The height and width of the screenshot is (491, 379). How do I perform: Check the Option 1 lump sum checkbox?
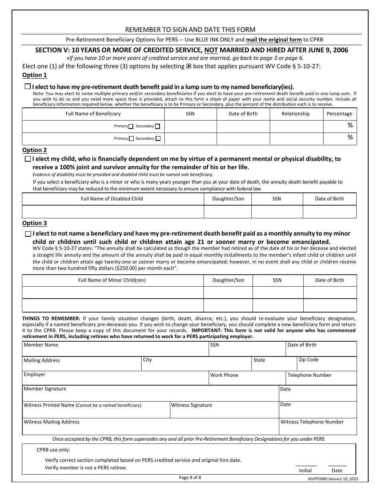[28, 87]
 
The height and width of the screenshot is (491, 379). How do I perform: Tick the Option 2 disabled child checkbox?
[28, 159]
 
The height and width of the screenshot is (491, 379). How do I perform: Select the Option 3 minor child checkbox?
[28, 234]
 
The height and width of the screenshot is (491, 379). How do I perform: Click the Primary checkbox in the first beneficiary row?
[131, 127]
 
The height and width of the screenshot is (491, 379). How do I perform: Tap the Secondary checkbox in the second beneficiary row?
[158, 139]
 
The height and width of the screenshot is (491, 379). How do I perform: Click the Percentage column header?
[340, 114]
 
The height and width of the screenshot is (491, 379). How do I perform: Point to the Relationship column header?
[296, 114]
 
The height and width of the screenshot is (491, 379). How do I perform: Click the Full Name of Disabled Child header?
[112, 199]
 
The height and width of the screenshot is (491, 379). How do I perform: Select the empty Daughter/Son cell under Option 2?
[228, 212]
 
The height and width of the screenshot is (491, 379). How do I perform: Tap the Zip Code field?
[327, 365]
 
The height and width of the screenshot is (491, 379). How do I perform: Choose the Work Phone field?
[247, 380]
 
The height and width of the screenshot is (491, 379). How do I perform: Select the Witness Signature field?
[224, 411]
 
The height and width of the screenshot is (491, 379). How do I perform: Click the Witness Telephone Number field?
[318, 428]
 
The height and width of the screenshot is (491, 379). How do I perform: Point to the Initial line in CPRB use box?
[306, 465]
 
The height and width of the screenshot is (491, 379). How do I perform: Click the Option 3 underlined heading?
[34, 223]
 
